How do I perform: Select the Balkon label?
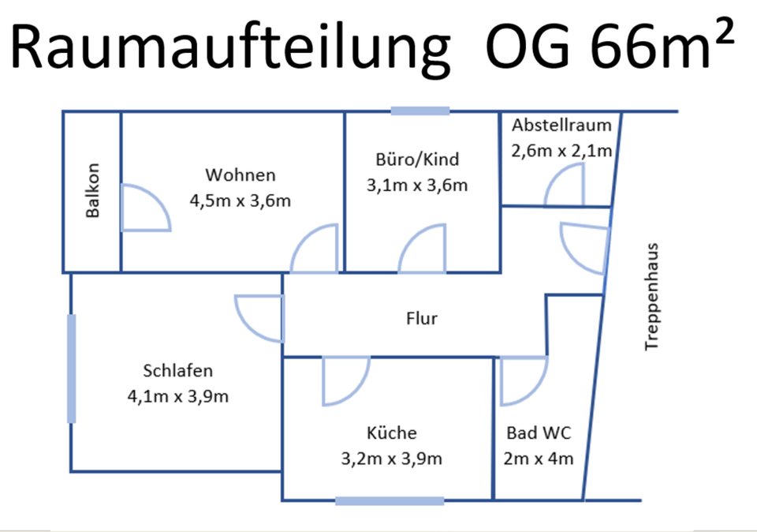pos(93,190)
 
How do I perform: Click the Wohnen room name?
pos(241,174)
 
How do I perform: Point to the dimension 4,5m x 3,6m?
pos(241,200)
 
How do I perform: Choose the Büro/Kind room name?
pos(417,160)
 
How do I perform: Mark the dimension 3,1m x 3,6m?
pos(417,185)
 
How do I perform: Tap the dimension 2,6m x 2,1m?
pos(562,151)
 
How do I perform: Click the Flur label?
pos(421,319)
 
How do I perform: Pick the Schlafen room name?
pos(178,370)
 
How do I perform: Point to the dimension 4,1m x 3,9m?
pos(178,395)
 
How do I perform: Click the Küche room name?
pos(391,433)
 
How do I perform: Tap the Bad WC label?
pos(539,433)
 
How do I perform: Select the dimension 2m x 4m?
pos(539,458)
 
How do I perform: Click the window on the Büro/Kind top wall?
pos(420,111)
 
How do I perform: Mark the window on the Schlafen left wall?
pos(72,368)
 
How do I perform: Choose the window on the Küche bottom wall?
pos(389,500)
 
